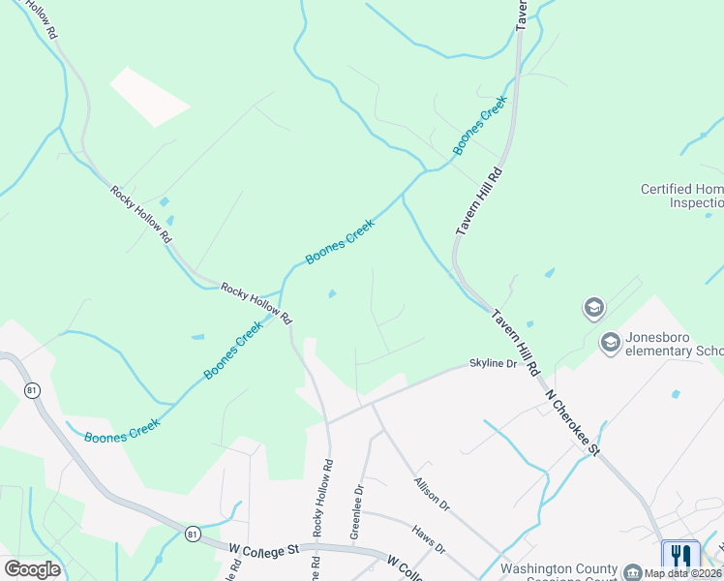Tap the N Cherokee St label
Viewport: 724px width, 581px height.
[573, 422]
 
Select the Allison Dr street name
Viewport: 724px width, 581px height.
[432, 494]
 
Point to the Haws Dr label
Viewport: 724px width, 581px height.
[428, 540]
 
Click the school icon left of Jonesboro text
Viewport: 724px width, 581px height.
[610, 342]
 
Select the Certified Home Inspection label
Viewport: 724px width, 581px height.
[681, 196]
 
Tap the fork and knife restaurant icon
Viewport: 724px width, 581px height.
[681, 555]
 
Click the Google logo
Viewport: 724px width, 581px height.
[32, 569]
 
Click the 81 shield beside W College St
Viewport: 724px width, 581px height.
[193, 534]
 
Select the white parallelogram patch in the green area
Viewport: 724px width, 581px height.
[149, 96]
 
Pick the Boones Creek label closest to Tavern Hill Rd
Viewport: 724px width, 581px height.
[480, 125]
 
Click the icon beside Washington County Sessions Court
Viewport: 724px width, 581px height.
[632, 571]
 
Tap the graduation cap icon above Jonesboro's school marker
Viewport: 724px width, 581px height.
[593, 308]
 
